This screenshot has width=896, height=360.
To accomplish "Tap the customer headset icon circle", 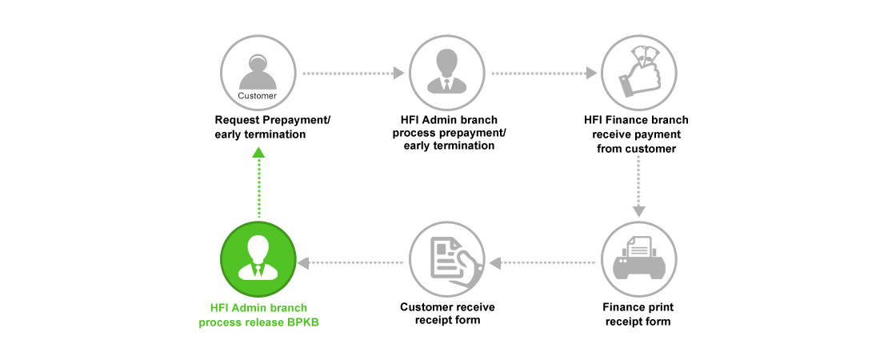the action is (258, 73).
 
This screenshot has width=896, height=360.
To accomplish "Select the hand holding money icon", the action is (639, 73).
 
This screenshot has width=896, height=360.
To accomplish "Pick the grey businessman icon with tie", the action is (447, 73).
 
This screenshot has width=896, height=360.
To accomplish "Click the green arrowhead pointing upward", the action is (258, 152).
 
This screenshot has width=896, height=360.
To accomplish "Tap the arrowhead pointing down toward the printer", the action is (639, 211).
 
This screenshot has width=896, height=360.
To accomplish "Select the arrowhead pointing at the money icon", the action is (592, 73).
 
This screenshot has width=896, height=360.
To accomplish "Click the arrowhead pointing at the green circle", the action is (304, 262).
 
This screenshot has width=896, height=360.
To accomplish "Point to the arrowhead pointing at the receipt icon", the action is (495, 262).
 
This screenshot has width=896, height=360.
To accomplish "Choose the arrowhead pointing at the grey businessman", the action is (399, 73).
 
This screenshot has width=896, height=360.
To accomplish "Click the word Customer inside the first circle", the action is (257, 96).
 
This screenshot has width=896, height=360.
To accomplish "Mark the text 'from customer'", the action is (637, 149).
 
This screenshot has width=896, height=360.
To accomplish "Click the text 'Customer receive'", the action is (447, 307).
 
